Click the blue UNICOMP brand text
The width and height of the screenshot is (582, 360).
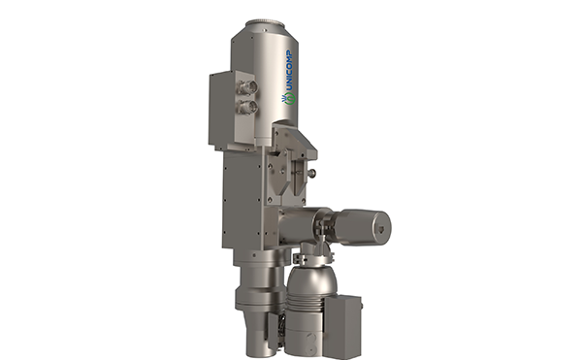[x=290, y=71]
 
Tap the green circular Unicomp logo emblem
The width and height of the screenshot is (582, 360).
[x=289, y=99]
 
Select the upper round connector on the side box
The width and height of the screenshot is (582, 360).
[x=248, y=87]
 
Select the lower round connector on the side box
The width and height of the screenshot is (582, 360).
[x=248, y=108]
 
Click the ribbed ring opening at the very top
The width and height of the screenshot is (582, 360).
[x=265, y=22]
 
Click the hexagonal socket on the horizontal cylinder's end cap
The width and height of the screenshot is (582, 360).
[x=381, y=229]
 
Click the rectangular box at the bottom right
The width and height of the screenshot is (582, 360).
[x=342, y=327]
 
